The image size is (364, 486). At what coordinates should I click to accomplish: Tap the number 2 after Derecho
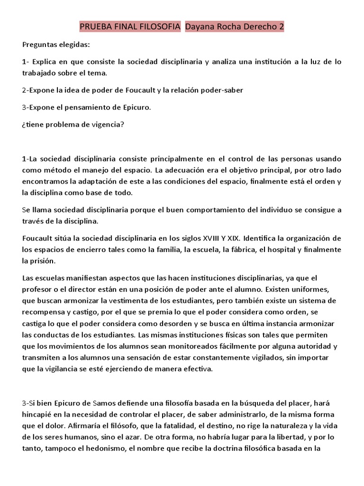coord(281,28)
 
